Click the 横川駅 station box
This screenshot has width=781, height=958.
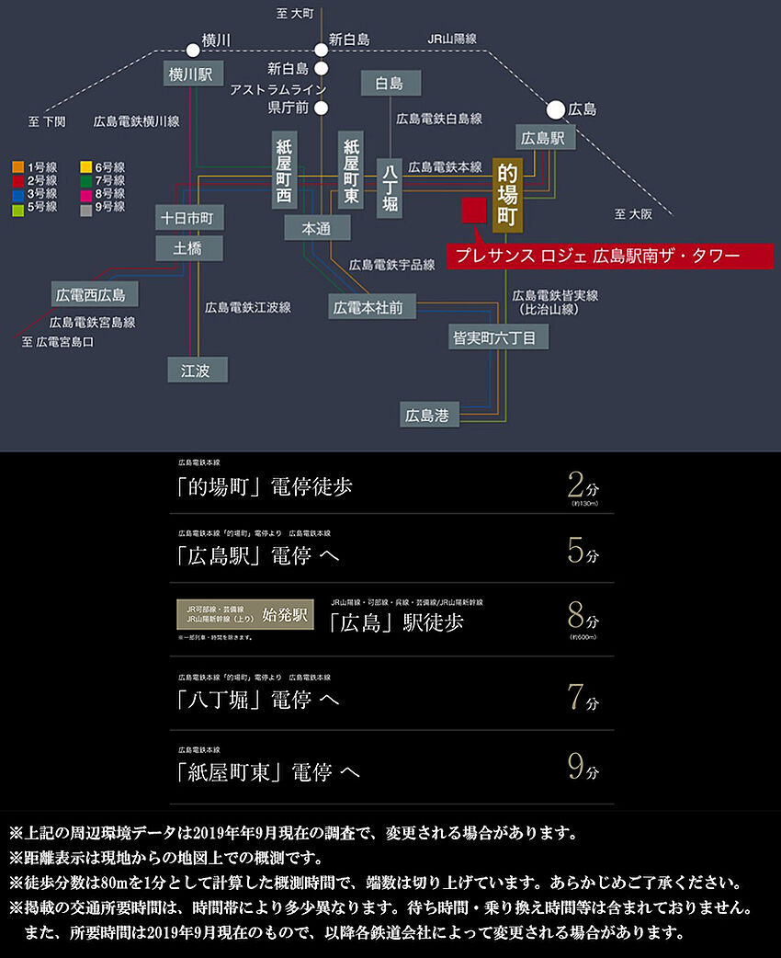click(x=190, y=74)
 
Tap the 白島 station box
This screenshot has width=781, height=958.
click(x=390, y=84)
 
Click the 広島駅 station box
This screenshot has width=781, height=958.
click(x=544, y=139)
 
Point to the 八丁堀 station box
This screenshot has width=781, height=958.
click(x=390, y=187)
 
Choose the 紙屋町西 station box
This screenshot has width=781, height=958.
click(x=283, y=171)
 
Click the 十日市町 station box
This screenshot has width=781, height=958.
click(x=187, y=218)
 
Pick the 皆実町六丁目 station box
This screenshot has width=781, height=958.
click(x=499, y=337)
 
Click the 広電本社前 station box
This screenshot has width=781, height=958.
click(x=368, y=306)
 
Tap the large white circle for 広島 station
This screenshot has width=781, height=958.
click(x=555, y=109)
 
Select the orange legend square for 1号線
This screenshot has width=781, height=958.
click(x=17, y=166)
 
